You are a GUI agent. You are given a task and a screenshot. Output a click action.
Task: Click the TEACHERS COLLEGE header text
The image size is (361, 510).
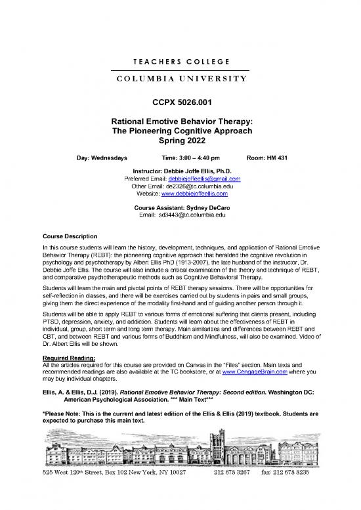(x=180, y=62)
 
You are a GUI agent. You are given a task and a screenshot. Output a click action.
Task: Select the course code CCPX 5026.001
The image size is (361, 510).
(x=180, y=102)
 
